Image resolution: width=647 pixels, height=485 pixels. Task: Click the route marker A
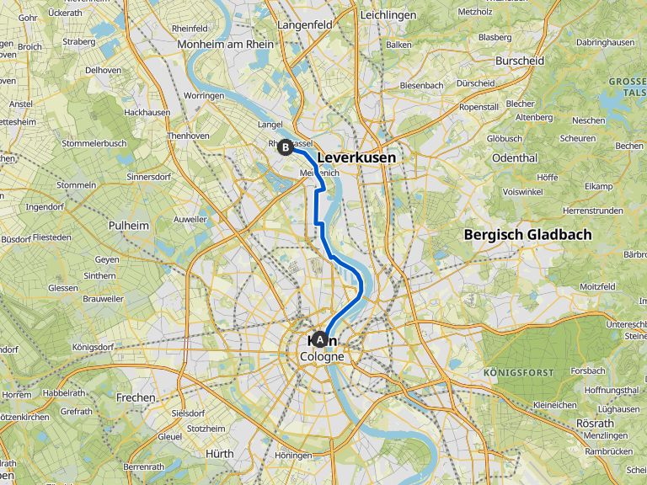click(319, 340)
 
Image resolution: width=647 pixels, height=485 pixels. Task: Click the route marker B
click(286, 147)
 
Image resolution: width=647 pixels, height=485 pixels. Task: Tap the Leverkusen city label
click(356, 157)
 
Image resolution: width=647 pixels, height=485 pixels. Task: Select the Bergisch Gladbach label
click(527, 235)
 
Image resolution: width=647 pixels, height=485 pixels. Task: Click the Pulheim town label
click(128, 226)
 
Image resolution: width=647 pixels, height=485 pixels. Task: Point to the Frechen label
click(136, 397)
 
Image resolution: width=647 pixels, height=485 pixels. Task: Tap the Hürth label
click(220, 453)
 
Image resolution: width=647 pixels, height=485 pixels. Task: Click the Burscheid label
click(520, 61)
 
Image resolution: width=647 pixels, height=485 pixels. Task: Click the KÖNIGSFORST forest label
click(518, 372)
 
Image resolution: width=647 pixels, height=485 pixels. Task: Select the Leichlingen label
click(388, 15)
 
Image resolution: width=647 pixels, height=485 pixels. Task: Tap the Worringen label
click(204, 96)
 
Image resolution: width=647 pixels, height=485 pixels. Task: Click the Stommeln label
click(76, 185)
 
